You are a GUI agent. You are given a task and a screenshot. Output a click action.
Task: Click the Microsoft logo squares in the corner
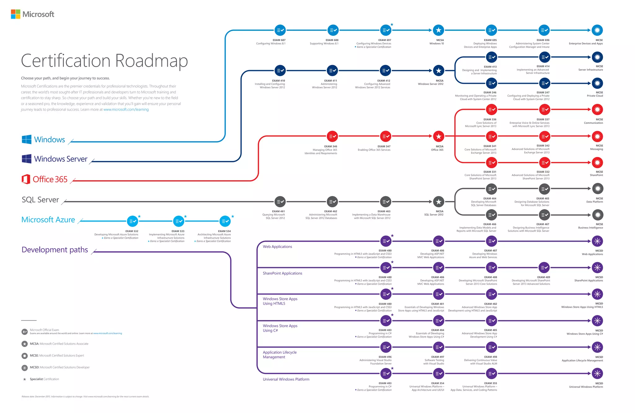pos(16,14)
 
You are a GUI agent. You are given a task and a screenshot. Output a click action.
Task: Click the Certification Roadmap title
pos(104,61)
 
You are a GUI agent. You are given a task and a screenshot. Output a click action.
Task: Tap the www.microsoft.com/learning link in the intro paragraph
pos(126,110)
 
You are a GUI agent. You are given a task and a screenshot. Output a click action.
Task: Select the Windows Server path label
pos(60,159)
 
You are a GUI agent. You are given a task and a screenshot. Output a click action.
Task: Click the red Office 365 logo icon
pos(26,179)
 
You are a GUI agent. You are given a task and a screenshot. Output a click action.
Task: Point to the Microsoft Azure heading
pos(48,220)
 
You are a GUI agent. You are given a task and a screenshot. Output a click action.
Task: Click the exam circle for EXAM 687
pos(280,30)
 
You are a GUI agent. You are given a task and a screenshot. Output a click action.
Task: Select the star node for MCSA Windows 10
pos(438,30)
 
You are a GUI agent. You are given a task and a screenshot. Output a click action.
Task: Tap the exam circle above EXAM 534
pos(225,221)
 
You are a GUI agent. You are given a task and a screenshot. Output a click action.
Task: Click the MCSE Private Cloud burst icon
pos(597,83)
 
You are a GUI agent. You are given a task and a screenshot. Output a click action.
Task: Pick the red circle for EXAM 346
pos(332,136)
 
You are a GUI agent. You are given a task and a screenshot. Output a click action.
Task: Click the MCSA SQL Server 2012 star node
pos(438,202)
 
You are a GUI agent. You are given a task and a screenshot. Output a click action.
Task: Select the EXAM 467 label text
pos(543,224)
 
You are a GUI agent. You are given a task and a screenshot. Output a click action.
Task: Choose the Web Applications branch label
pos(277,247)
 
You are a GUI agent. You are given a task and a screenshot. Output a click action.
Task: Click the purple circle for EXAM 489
pos(544,267)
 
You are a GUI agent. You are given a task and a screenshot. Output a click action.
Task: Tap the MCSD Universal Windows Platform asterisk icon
pos(597,374)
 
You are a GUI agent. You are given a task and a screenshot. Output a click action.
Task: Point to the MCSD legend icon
pos(25,368)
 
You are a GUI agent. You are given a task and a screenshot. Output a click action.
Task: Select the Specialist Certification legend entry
pos(44,379)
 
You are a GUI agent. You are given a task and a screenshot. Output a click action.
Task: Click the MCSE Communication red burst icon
pos(597,109)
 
